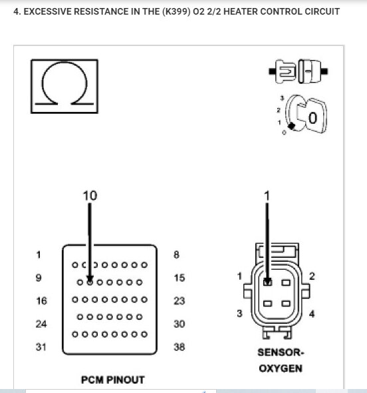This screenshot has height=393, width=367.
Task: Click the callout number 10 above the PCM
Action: pyautogui.click(x=89, y=195)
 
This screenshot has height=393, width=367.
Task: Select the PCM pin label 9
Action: pyautogui.click(x=39, y=278)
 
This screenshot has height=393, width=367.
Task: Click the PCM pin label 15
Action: pyautogui.click(x=179, y=278)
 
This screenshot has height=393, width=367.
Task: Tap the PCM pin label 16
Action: pyautogui.click(x=41, y=301)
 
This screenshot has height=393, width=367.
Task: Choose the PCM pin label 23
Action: pyautogui.click(x=179, y=301)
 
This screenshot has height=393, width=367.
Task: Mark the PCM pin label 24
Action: pyautogui.click(x=41, y=324)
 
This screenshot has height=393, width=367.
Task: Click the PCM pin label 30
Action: pyautogui.click(x=179, y=324)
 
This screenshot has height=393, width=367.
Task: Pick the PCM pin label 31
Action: pyautogui.click(x=41, y=347)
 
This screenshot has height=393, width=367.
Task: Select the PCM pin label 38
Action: pyautogui.click(x=179, y=347)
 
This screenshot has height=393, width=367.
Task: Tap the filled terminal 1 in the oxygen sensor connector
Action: pyautogui.click(x=267, y=282)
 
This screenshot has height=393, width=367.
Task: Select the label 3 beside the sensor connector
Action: pyautogui.click(x=239, y=313)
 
